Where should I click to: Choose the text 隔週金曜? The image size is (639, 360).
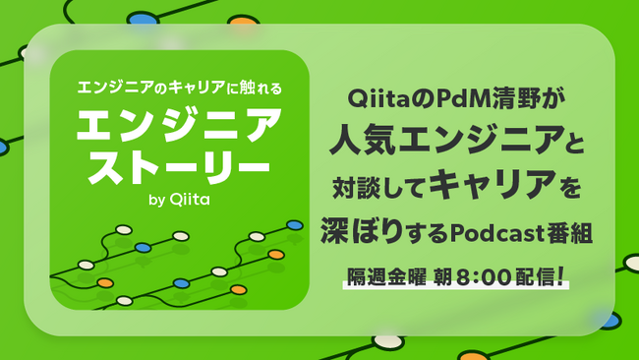[x=387, y=273]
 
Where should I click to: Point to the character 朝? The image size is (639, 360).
[x=443, y=273]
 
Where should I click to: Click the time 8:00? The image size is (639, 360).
[x=487, y=273]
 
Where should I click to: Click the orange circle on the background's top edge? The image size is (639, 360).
[x=241, y=20]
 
